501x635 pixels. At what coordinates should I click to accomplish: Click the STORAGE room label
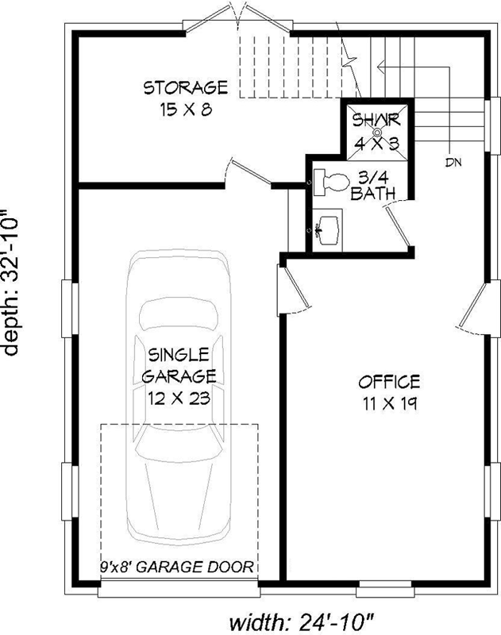pyautogui.click(x=185, y=86)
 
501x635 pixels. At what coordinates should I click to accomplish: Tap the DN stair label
pyautogui.click(x=453, y=163)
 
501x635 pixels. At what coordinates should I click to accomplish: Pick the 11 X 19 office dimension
pyautogui.click(x=388, y=403)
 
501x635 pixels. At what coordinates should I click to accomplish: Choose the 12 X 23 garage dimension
pyautogui.click(x=179, y=398)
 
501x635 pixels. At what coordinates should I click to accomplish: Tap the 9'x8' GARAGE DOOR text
pyautogui.click(x=179, y=567)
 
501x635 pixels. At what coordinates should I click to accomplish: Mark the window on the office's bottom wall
pyautogui.click(x=386, y=590)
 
